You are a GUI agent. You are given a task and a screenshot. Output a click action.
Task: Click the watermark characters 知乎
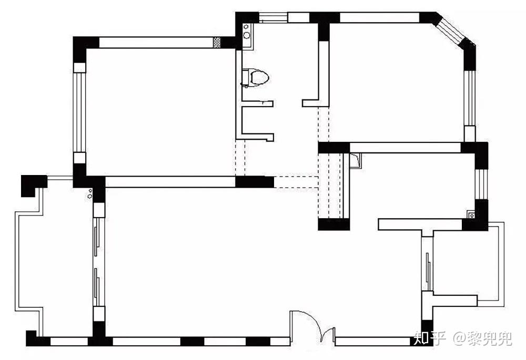430,338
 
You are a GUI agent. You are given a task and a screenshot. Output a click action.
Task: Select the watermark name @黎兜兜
483,338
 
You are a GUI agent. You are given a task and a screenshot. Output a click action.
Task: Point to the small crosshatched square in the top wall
217,42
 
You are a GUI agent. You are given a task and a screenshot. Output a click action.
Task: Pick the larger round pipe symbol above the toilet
247,35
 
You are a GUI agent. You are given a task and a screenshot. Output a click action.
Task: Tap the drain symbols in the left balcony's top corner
90,194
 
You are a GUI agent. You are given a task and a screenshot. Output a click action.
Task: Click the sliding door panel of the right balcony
428,268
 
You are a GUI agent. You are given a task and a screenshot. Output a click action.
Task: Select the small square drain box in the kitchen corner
472,215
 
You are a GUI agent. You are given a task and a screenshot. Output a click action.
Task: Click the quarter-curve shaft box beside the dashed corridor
356,160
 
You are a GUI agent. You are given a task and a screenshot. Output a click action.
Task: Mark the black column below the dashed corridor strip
334,224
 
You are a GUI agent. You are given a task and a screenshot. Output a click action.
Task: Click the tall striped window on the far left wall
79,112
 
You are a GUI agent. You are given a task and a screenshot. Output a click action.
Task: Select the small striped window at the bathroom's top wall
273,17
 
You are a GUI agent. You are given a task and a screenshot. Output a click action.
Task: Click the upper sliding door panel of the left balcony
96,238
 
